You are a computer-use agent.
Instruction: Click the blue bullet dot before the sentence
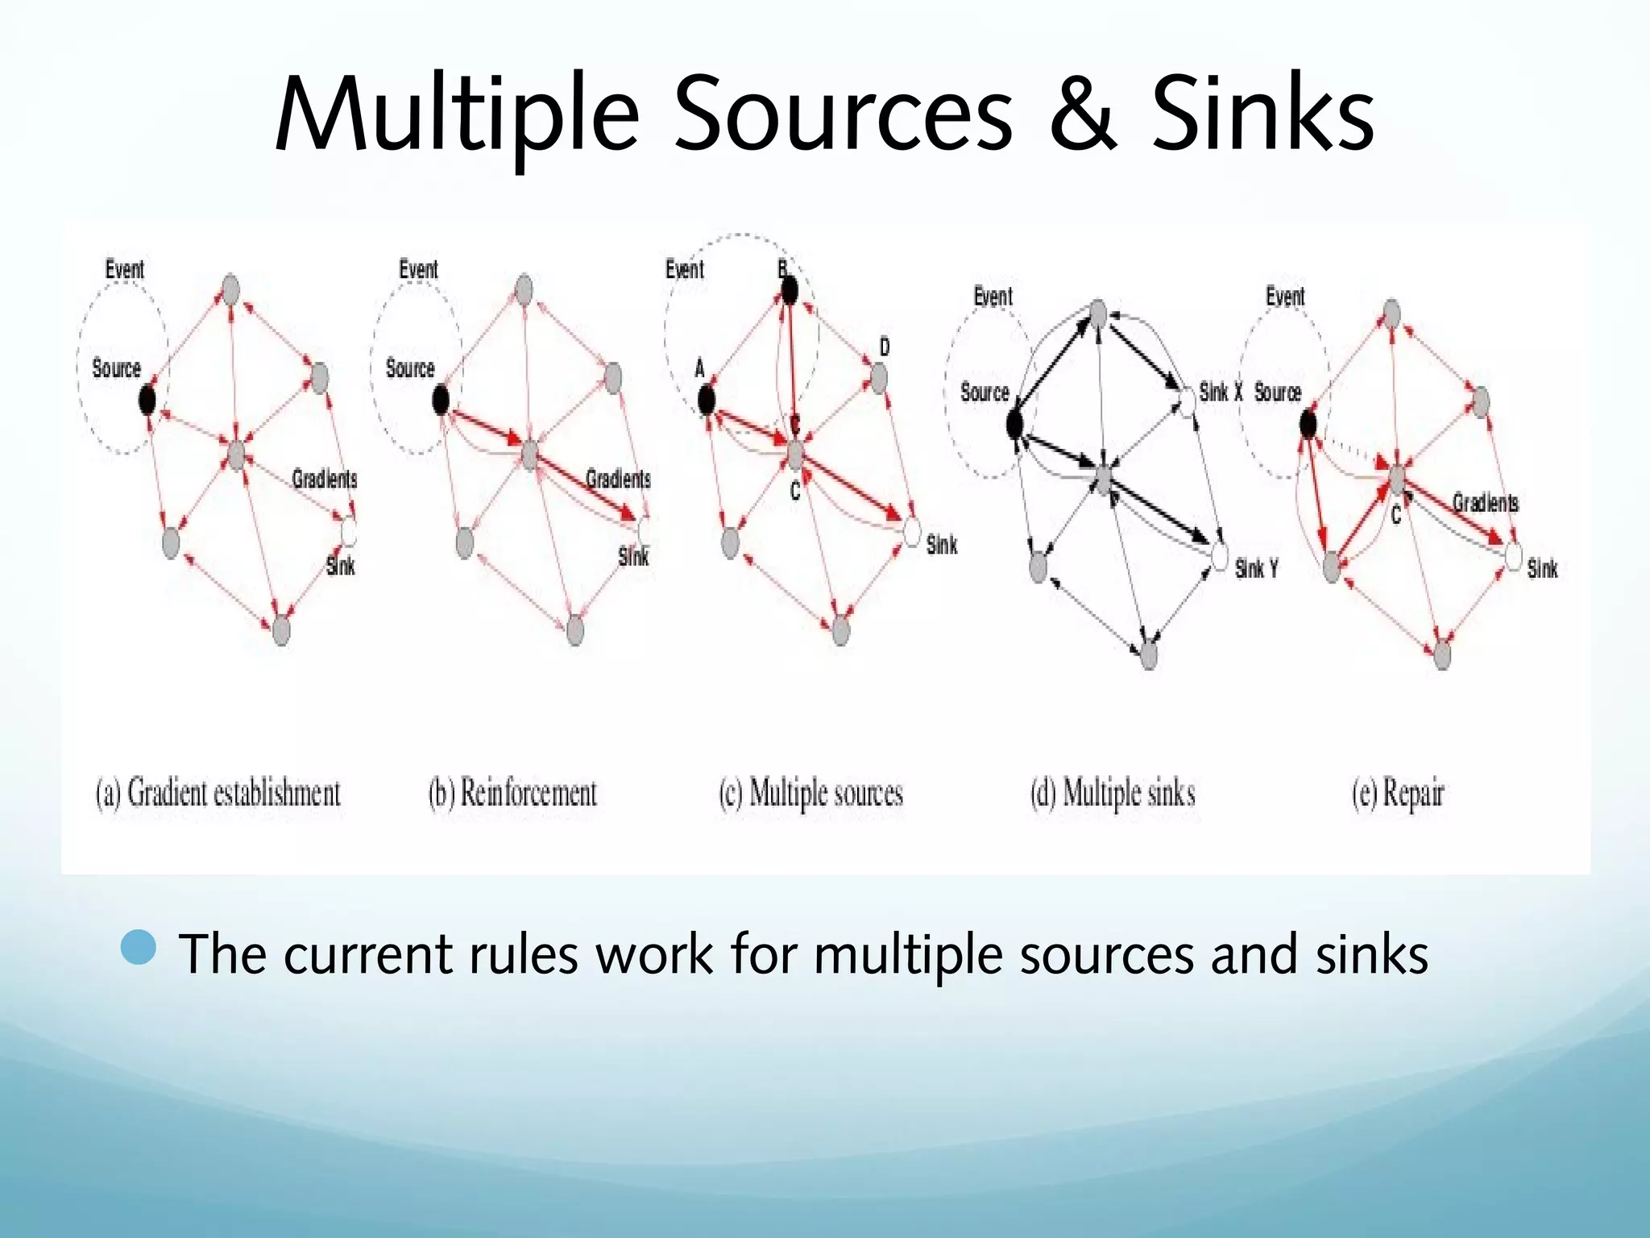[x=139, y=947]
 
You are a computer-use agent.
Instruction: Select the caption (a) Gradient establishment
[x=218, y=793]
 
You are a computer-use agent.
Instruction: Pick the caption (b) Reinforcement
[x=512, y=793]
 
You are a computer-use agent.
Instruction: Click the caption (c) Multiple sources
[x=810, y=793]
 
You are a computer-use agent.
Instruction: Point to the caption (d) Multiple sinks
[x=1113, y=793]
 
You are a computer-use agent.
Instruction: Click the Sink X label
[x=1221, y=393]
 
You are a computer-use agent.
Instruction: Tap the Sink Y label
[x=1256, y=569]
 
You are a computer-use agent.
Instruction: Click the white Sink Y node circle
[x=1220, y=556]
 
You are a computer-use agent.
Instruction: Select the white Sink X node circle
[x=1187, y=400]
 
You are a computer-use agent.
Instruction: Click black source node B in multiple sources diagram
[x=790, y=290]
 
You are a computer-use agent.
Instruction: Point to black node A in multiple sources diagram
[x=706, y=400]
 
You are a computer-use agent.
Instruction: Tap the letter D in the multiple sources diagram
[x=885, y=347]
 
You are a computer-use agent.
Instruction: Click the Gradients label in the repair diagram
[x=1485, y=503]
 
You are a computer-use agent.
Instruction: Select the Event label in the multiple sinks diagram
[x=993, y=297]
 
